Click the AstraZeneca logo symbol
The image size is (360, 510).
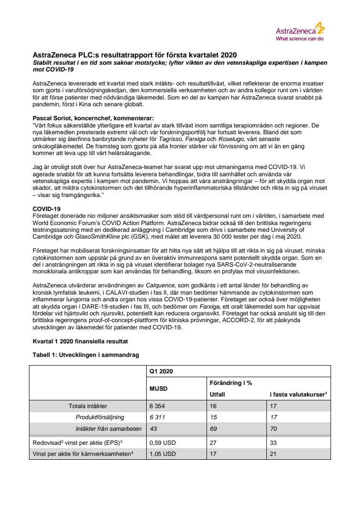point(319,27)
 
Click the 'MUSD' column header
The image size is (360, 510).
point(159,387)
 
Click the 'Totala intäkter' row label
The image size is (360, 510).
point(88,406)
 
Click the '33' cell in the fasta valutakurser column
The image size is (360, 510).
point(274,441)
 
